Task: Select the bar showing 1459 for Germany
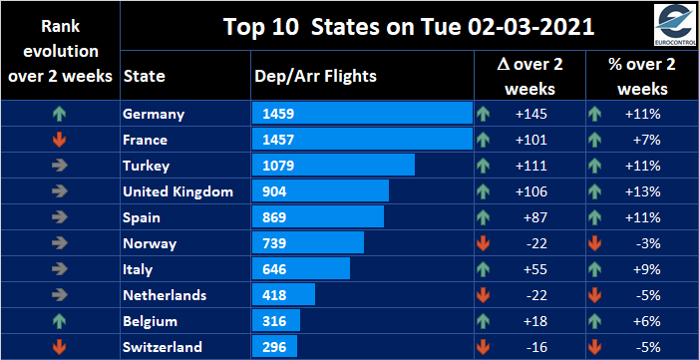(362, 114)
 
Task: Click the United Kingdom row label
(177, 191)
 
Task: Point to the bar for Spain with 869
(318, 217)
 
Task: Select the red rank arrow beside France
(59, 140)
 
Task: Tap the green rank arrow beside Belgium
(59, 321)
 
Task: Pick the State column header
(144, 76)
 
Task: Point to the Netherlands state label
(165, 295)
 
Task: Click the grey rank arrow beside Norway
(59, 243)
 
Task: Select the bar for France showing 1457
(362, 140)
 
